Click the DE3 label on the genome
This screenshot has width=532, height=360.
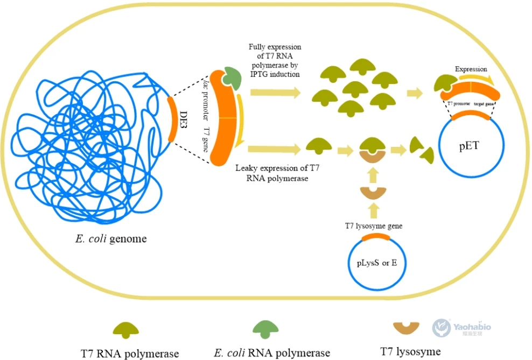tap(183, 119)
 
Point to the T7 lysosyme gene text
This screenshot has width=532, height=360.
tap(374, 227)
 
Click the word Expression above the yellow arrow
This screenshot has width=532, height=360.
tap(471, 69)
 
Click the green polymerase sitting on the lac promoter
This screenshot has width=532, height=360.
tap(232, 78)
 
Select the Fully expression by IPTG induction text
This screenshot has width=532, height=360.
tap(275, 60)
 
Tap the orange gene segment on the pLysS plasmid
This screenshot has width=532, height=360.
tap(377, 237)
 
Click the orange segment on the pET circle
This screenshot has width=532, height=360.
tap(471, 115)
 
